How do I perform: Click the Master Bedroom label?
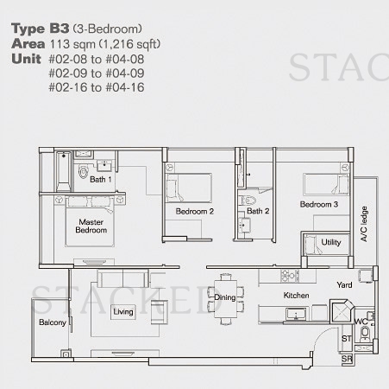point(91,226)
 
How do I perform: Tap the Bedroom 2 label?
point(195,211)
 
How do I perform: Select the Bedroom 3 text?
point(319,204)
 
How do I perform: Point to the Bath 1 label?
point(101,179)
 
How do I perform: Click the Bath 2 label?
point(258,211)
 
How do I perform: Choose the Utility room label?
point(331,242)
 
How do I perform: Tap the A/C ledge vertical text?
point(364,224)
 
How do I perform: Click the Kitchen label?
point(296,296)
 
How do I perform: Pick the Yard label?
point(344,284)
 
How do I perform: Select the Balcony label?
point(53,322)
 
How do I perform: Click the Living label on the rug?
point(123,311)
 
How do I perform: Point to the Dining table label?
point(225,297)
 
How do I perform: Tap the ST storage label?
point(347,339)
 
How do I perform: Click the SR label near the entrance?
point(347,359)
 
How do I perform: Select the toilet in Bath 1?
point(83,172)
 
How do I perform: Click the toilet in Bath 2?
point(248,201)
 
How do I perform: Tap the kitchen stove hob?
point(290,276)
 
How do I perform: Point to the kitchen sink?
point(296,314)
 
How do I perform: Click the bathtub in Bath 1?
point(63,171)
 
